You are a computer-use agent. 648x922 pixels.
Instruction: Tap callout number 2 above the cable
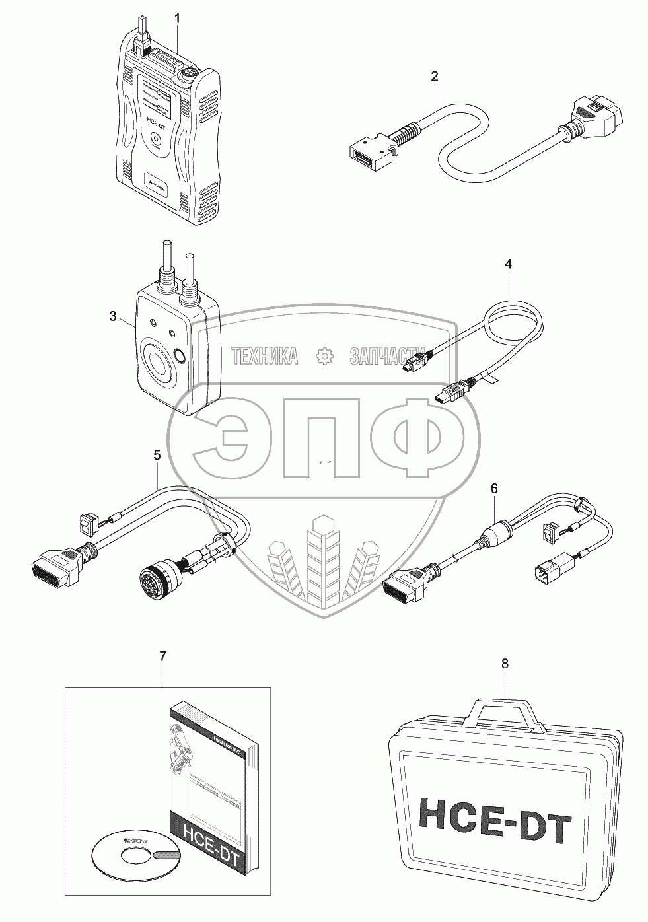(434, 77)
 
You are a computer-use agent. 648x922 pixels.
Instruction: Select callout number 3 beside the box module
(113, 317)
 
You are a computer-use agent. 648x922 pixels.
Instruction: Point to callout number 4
(508, 264)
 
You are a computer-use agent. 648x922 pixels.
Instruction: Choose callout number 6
(494, 489)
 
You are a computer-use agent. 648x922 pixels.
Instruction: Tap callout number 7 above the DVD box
(163, 656)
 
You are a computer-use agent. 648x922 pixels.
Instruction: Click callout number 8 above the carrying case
(505, 664)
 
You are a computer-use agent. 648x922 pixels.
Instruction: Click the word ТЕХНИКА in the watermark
(264, 356)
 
